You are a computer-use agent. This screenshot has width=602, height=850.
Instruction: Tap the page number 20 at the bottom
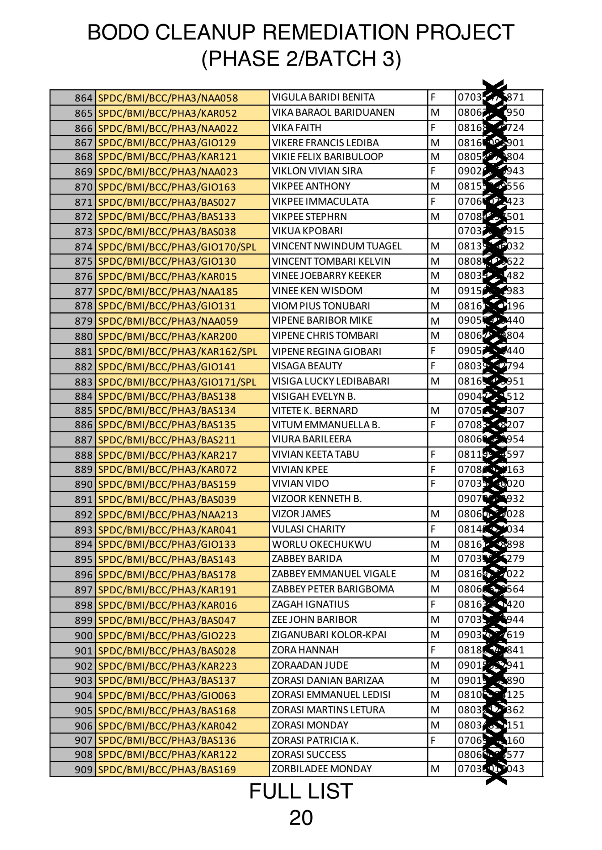(x=301, y=817)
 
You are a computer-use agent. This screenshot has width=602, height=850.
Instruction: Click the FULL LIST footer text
(x=301, y=791)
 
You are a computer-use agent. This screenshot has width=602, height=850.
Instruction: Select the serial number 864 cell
(x=83, y=98)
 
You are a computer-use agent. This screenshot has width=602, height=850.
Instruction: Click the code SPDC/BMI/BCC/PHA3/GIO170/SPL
(x=177, y=247)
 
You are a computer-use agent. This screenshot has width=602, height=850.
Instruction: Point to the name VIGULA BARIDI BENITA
(x=323, y=97)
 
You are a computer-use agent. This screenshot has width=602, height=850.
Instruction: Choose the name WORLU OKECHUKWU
(x=321, y=544)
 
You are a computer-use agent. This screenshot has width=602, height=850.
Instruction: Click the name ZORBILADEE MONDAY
(x=321, y=769)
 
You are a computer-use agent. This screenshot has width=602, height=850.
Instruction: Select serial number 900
(x=83, y=636)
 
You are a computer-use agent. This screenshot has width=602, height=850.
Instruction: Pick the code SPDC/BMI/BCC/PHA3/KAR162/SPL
(x=177, y=352)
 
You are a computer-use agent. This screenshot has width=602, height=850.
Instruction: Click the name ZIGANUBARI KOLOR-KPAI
(x=329, y=635)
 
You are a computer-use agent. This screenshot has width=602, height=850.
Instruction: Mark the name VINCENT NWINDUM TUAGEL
(x=336, y=246)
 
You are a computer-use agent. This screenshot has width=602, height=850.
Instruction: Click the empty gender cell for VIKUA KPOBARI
(x=441, y=231)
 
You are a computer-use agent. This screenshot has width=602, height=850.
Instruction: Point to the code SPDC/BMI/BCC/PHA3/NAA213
(x=167, y=514)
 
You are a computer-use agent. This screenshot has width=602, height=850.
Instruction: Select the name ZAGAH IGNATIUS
(x=310, y=604)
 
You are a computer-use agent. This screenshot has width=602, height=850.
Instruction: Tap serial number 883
(x=83, y=382)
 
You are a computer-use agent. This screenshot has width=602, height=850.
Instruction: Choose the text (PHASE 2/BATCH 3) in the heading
(x=301, y=59)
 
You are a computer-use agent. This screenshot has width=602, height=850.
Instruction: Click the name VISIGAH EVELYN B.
(x=314, y=396)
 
